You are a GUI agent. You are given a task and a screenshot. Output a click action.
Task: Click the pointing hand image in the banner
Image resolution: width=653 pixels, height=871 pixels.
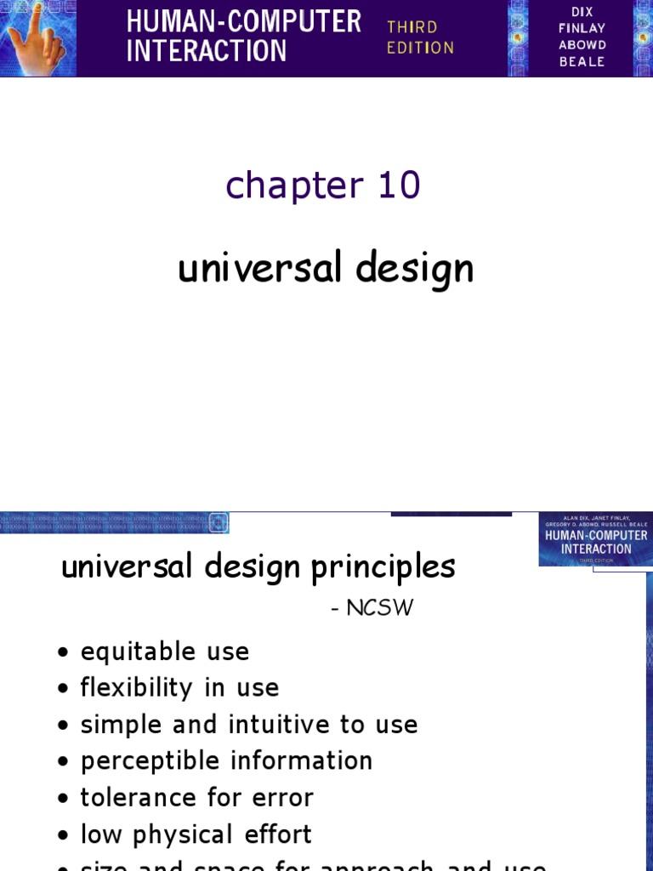pos(38,38)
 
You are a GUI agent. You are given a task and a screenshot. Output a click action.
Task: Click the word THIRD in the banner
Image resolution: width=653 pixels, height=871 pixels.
pos(412,27)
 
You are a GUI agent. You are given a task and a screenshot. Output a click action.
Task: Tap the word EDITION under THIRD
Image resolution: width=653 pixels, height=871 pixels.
pos(420,48)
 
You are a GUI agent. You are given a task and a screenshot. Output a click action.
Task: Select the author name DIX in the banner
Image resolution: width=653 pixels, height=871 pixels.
pos(582,11)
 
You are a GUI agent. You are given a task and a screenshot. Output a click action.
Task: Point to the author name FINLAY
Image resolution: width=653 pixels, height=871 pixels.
pos(582,28)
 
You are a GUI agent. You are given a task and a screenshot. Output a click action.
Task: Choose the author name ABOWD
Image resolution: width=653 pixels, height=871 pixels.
pos(582,44)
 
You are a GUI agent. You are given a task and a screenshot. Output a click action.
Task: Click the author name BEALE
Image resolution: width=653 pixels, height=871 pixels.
pos(582,61)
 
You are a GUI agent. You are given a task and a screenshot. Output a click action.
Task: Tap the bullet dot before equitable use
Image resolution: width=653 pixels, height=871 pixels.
pos(64,653)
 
